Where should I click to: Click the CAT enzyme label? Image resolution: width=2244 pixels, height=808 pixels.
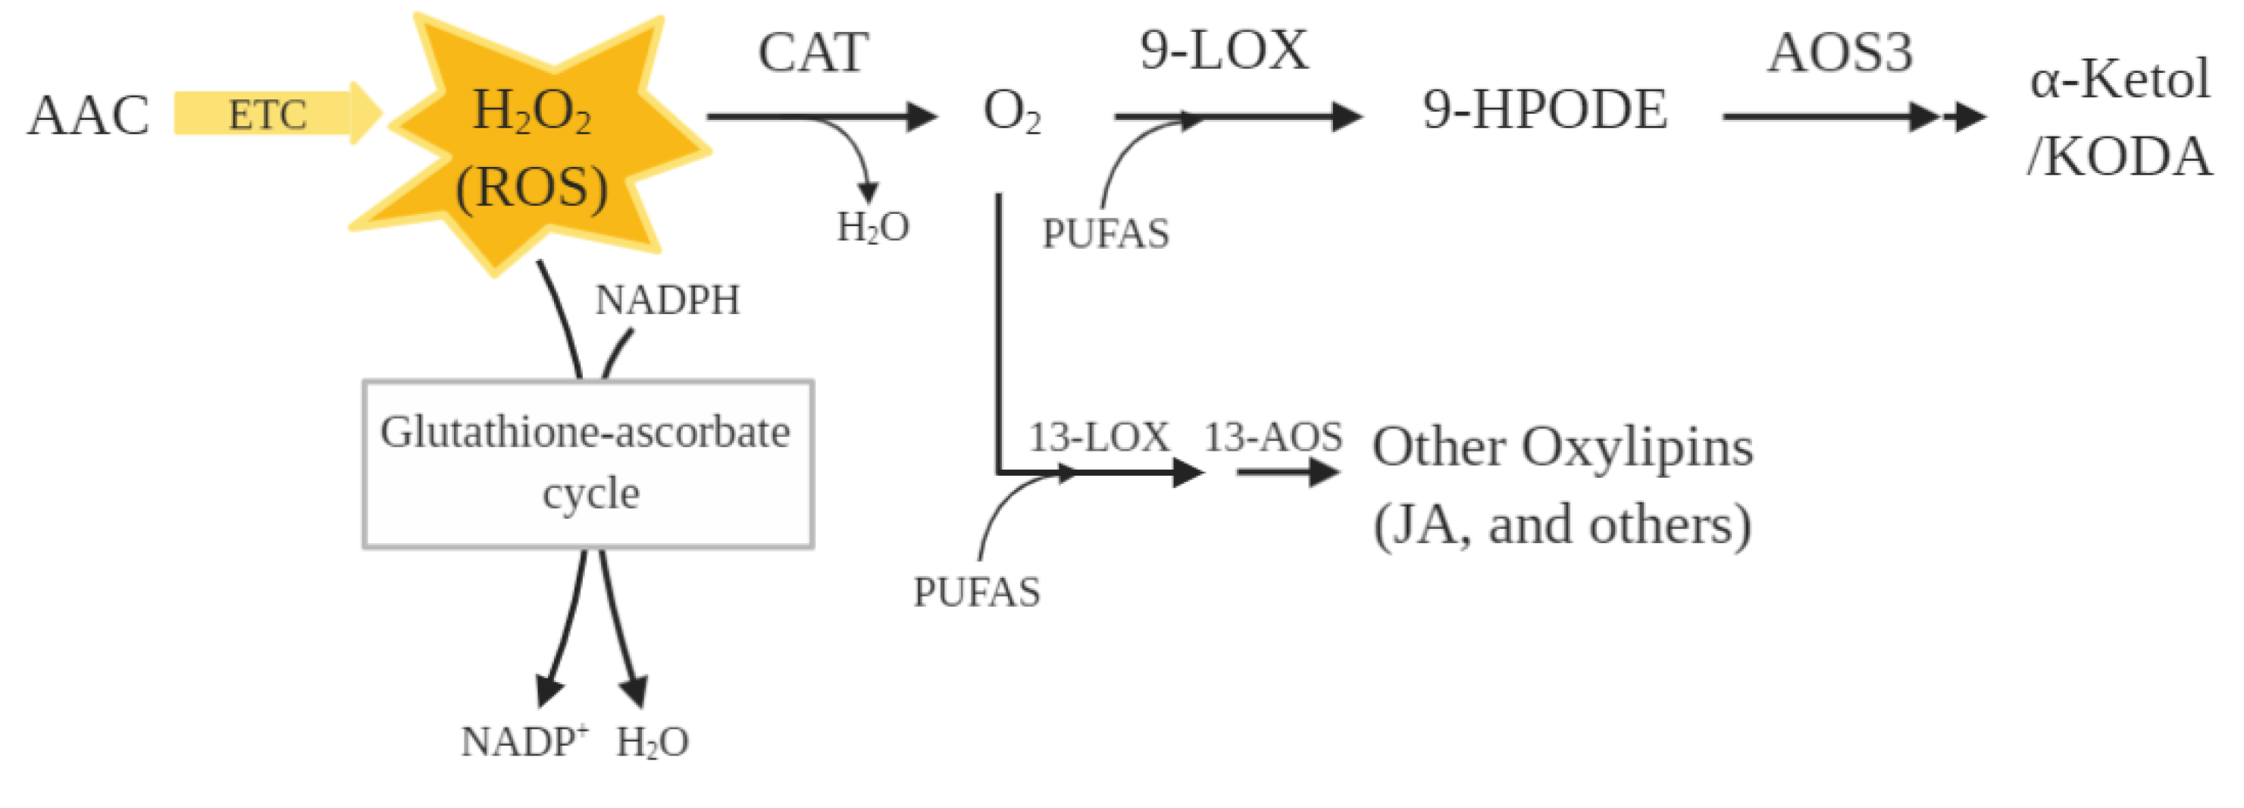(x=812, y=52)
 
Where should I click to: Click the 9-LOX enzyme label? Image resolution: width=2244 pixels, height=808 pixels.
(x=1223, y=51)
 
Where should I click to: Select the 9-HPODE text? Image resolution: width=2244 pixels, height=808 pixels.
(x=1545, y=111)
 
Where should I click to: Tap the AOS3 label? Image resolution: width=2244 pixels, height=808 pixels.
(x=1840, y=52)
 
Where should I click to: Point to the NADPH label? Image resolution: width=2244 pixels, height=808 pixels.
(x=667, y=300)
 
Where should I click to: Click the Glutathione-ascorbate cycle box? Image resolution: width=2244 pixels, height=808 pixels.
(x=588, y=464)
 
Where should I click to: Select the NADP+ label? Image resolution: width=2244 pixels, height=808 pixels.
(x=524, y=742)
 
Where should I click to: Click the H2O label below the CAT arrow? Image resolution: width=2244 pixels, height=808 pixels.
(x=873, y=228)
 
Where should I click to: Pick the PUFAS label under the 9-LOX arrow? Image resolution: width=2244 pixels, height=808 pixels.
(x=1106, y=234)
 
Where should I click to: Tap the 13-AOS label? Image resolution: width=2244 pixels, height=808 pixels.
(x=1272, y=437)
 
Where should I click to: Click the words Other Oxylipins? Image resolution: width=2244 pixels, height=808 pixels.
(x=1562, y=448)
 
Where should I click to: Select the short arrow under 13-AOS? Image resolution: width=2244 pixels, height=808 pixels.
(x=1288, y=473)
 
